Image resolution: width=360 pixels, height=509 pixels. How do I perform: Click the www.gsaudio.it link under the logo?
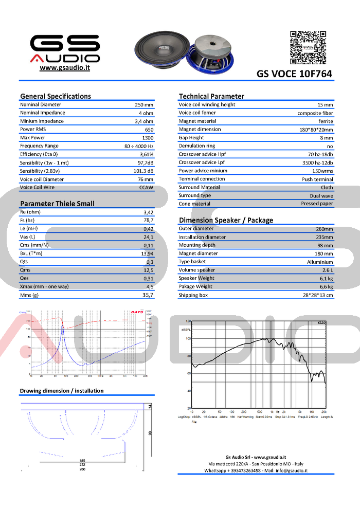point(65,68)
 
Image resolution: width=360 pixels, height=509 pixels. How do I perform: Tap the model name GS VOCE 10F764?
point(294,74)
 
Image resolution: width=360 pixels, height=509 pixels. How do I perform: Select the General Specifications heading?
point(55,96)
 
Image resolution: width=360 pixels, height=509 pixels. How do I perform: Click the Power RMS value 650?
point(149,130)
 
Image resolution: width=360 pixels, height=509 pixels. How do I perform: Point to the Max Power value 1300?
point(148,138)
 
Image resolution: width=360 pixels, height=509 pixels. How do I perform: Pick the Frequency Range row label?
point(39,146)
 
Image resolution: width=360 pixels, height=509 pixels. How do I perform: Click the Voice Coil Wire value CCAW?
point(147,188)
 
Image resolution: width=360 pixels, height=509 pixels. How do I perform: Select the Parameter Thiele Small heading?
point(57,204)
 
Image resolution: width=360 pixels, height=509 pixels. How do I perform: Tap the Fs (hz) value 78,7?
point(149,220)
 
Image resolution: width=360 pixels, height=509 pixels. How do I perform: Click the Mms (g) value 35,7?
point(148,295)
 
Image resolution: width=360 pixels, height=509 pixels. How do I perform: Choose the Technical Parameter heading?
point(211,96)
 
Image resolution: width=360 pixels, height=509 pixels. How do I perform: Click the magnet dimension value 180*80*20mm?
point(316,130)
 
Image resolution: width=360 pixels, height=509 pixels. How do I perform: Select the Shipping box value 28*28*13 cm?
point(318,295)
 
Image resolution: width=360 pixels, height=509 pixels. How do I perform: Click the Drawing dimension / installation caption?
point(62,391)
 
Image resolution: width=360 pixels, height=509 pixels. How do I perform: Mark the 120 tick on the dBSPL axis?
point(188,321)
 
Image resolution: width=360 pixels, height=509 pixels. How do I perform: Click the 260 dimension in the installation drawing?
point(82,469)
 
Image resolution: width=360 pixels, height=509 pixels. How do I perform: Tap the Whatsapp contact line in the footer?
point(256,470)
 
